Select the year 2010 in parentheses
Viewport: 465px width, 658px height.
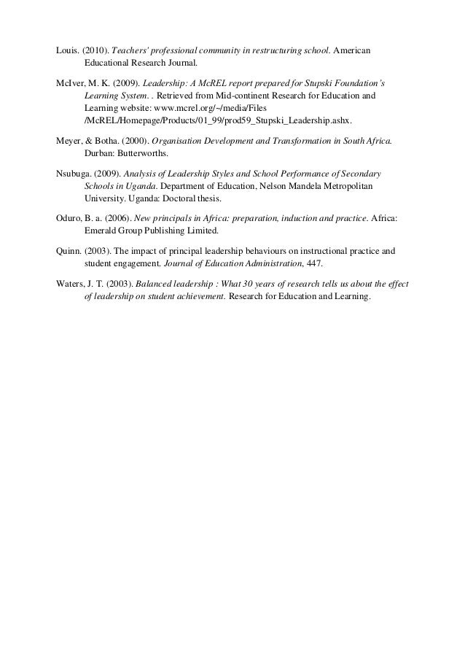point(95,50)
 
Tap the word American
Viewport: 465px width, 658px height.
point(352,50)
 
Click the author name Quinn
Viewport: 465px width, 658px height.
point(69,251)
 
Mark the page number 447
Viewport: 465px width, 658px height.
point(313,263)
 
